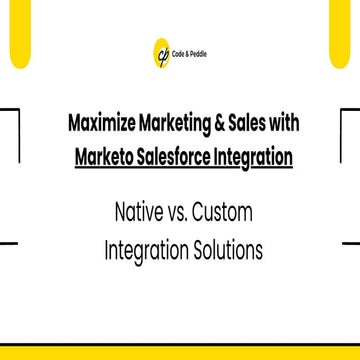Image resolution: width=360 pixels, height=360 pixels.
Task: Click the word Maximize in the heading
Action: coord(104,125)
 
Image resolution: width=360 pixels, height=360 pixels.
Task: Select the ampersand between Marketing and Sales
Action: coord(220,125)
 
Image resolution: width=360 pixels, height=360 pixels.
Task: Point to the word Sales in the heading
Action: coord(246,125)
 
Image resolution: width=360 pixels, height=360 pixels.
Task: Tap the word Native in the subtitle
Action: coord(136,212)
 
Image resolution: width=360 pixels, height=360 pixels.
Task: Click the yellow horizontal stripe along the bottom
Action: coord(180,351)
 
